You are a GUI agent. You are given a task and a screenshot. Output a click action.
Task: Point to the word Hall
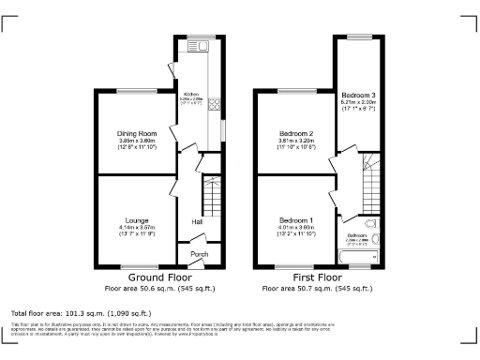coord(197,221)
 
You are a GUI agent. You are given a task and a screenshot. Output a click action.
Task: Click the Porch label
coord(200,254)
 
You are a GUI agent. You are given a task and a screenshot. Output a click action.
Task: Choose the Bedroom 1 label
coord(296,218)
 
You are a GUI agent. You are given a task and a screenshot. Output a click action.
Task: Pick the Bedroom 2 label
coord(296,134)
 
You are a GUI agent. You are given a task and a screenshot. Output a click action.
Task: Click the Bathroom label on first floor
coord(357,234)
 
